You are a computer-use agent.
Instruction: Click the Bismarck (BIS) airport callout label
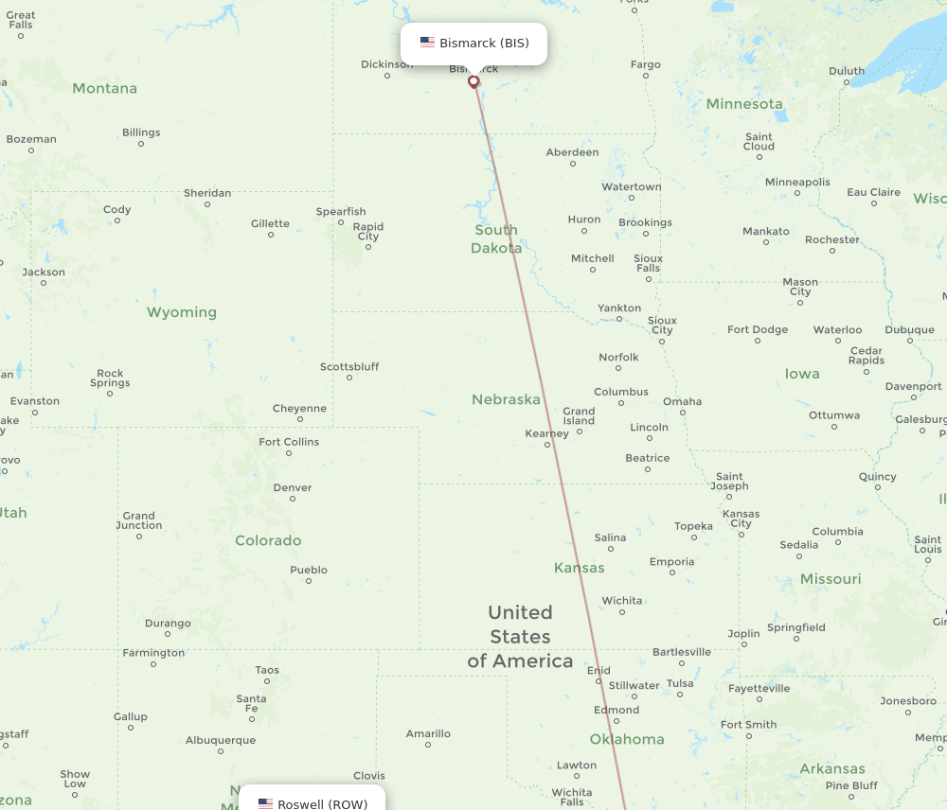pos(473,44)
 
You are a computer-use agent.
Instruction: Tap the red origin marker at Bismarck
pos(473,82)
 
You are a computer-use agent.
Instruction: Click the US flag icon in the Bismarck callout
pos(427,43)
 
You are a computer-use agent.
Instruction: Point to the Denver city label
pos(292,488)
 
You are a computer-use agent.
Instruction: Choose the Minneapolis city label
pos(797,182)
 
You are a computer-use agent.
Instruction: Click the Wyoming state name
pos(181,312)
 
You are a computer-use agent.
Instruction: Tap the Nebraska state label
pos(506,399)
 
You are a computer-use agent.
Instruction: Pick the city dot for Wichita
pos(622,612)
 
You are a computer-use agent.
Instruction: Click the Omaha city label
pos(682,401)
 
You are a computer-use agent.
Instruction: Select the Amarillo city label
pos(428,733)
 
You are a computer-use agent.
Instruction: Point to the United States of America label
pos(520,636)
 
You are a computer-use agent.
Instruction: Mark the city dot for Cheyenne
pos(300,419)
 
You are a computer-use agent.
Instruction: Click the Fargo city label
pos(646,65)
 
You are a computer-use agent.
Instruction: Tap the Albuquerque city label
pos(221,740)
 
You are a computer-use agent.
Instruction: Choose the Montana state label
pos(104,88)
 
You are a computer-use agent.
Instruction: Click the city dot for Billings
pos(141,144)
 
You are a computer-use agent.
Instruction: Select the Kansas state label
pos(579,568)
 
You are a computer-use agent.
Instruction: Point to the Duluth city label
pos(847,71)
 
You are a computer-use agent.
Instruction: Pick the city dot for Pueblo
pos(309,580)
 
